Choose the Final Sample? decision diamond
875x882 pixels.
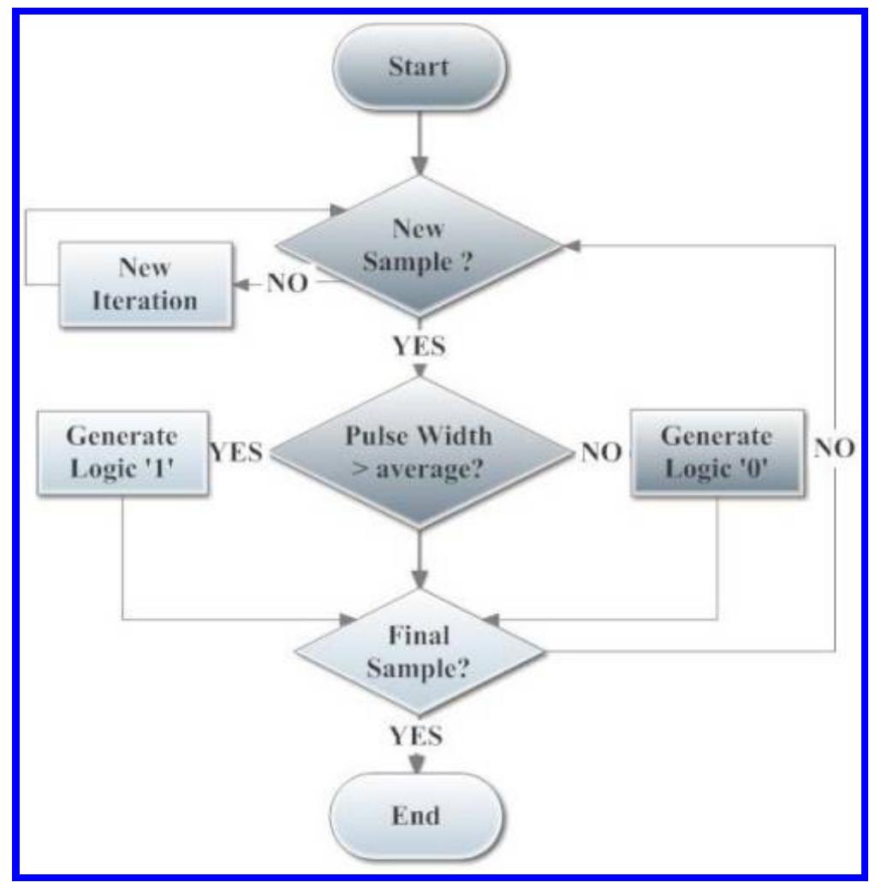pos(419,653)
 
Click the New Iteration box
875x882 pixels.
pos(145,284)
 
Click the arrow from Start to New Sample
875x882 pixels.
pos(419,144)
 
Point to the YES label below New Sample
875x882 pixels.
pos(419,348)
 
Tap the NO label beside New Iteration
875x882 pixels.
pos(286,283)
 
